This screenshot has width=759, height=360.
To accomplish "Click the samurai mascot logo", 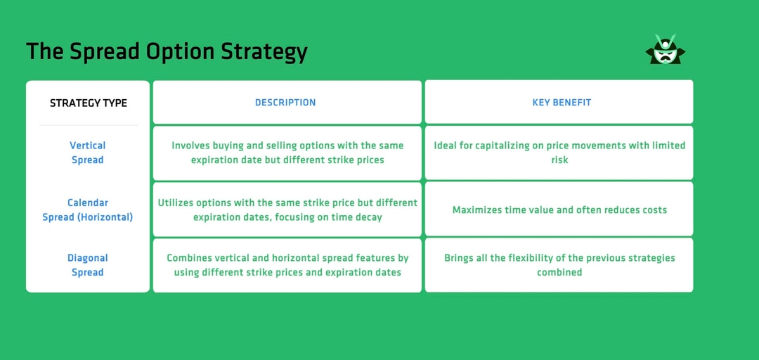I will coord(664,50).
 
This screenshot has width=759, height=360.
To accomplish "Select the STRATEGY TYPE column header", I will coord(89,103).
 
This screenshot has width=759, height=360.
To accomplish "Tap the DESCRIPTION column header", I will coord(285,103).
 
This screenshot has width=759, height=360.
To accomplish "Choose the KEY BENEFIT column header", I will coord(562,103).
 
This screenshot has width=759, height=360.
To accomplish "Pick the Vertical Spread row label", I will coord(88,153).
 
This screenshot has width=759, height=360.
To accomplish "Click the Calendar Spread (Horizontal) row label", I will coord(88,210).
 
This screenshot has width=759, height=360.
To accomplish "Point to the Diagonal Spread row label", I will coord(88,265).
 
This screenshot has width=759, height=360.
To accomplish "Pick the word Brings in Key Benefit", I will coord(460,258).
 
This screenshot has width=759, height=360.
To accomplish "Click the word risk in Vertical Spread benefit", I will coord(559,160).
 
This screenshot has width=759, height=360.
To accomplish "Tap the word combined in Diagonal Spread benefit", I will coord(559,272).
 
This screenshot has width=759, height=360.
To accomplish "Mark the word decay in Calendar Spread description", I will coord(368,217).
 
